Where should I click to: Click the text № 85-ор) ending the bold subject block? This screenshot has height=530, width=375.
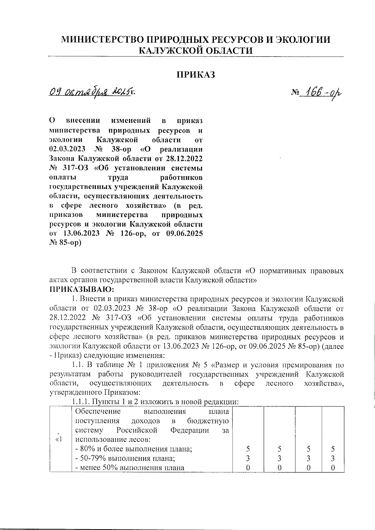click(65, 242)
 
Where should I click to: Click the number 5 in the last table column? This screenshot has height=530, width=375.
click(333, 449)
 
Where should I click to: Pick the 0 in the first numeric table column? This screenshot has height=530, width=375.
click(248, 468)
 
